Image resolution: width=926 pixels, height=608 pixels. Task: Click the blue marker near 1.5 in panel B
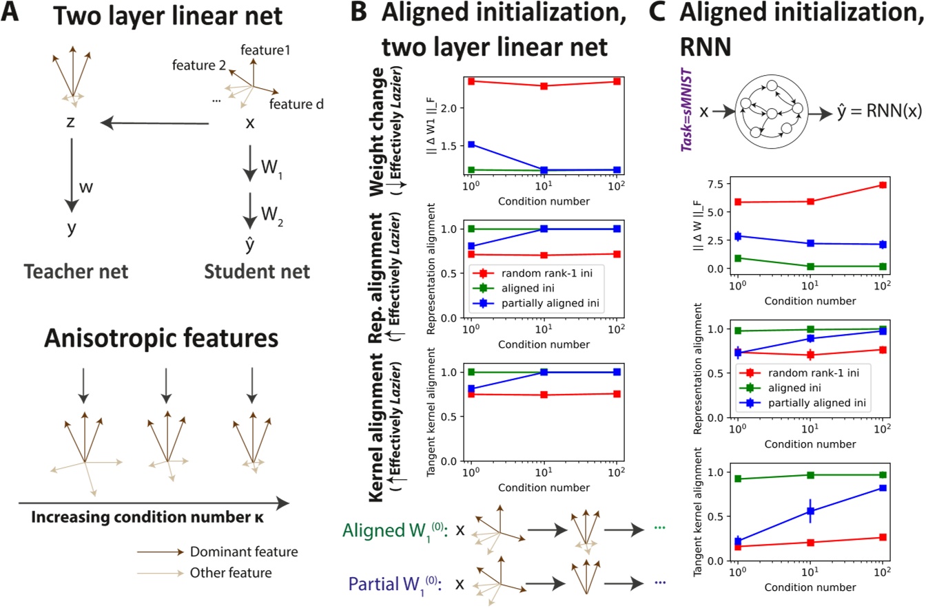471,145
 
